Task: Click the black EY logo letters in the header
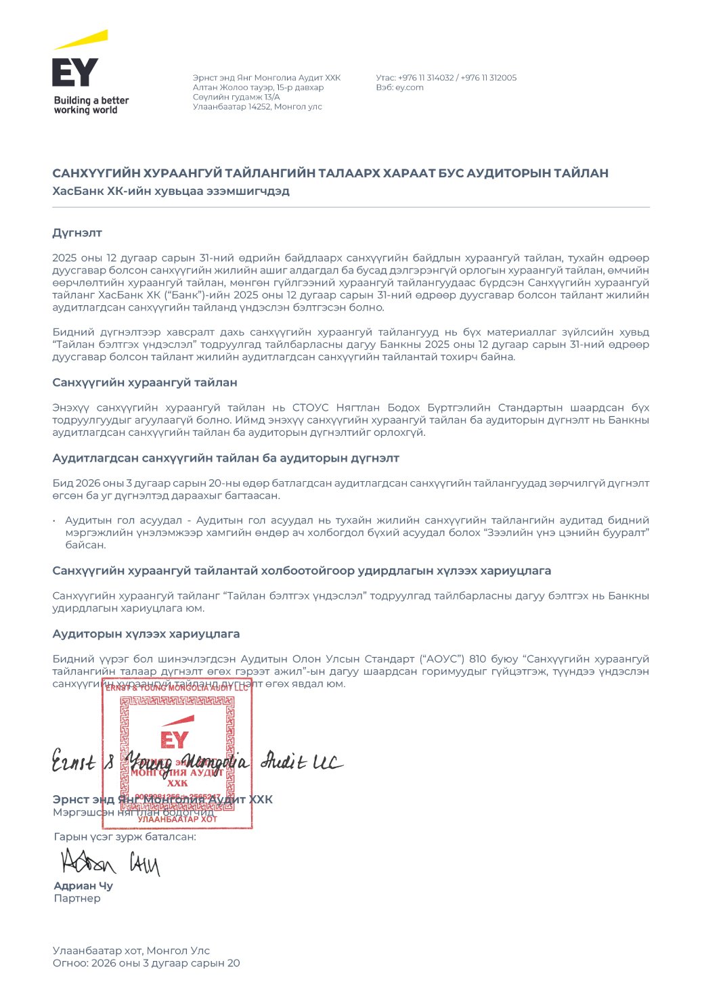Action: pyautogui.click(x=74, y=72)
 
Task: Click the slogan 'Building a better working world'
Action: pyautogui.click(x=91, y=105)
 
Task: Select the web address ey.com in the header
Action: pyautogui.click(x=410, y=87)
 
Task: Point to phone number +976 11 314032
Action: pyautogui.click(x=426, y=78)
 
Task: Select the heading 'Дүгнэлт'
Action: pyautogui.click(x=77, y=233)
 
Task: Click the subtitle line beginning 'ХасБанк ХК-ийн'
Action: pyautogui.click(x=171, y=191)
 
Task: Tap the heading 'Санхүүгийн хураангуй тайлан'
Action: pyautogui.click(x=145, y=382)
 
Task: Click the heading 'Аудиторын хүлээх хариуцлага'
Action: pyautogui.click(x=146, y=634)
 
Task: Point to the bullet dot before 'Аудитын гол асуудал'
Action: pyautogui.click(x=54, y=521)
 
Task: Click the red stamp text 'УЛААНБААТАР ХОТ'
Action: pyautogui.click(x=177, y=819)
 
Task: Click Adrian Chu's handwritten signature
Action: pyautogui.click(x=110, y=862)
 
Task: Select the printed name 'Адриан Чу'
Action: pyautogui.click(x=83, y=886)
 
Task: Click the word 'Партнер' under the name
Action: pyautogui.click(x=77, y=899)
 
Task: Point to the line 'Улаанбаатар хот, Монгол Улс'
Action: pyautogui.click(x=131, y=951)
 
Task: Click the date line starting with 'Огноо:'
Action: pyautogui.click(x=146, y=963)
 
